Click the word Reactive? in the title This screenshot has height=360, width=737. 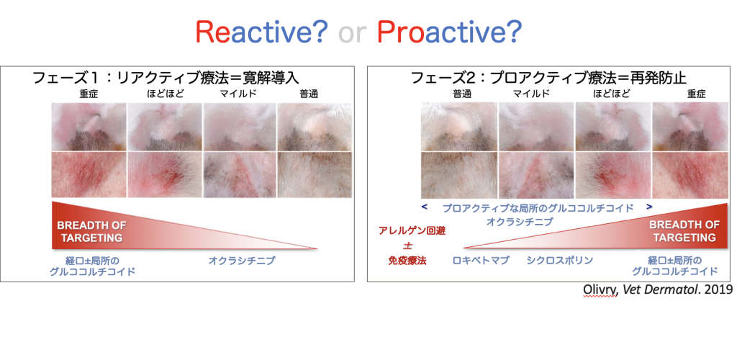pos(261,32)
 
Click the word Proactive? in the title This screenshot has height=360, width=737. pos(450,32)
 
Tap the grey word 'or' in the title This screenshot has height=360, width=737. pos(353,34)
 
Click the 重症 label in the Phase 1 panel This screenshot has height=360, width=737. pos(89,94)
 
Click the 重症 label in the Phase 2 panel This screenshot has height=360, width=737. pos(697,94)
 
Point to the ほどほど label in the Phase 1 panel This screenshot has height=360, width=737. pos(165,94)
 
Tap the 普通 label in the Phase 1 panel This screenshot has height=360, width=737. pos(309,94)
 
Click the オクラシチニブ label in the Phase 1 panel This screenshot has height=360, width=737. pos(241,261)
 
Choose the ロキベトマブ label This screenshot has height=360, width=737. pos(481,261)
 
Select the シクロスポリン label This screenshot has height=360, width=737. pos(559,261)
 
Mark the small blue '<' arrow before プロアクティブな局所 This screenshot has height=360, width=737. pos(425,207)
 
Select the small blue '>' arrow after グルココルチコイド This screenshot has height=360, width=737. pos(650,207)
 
